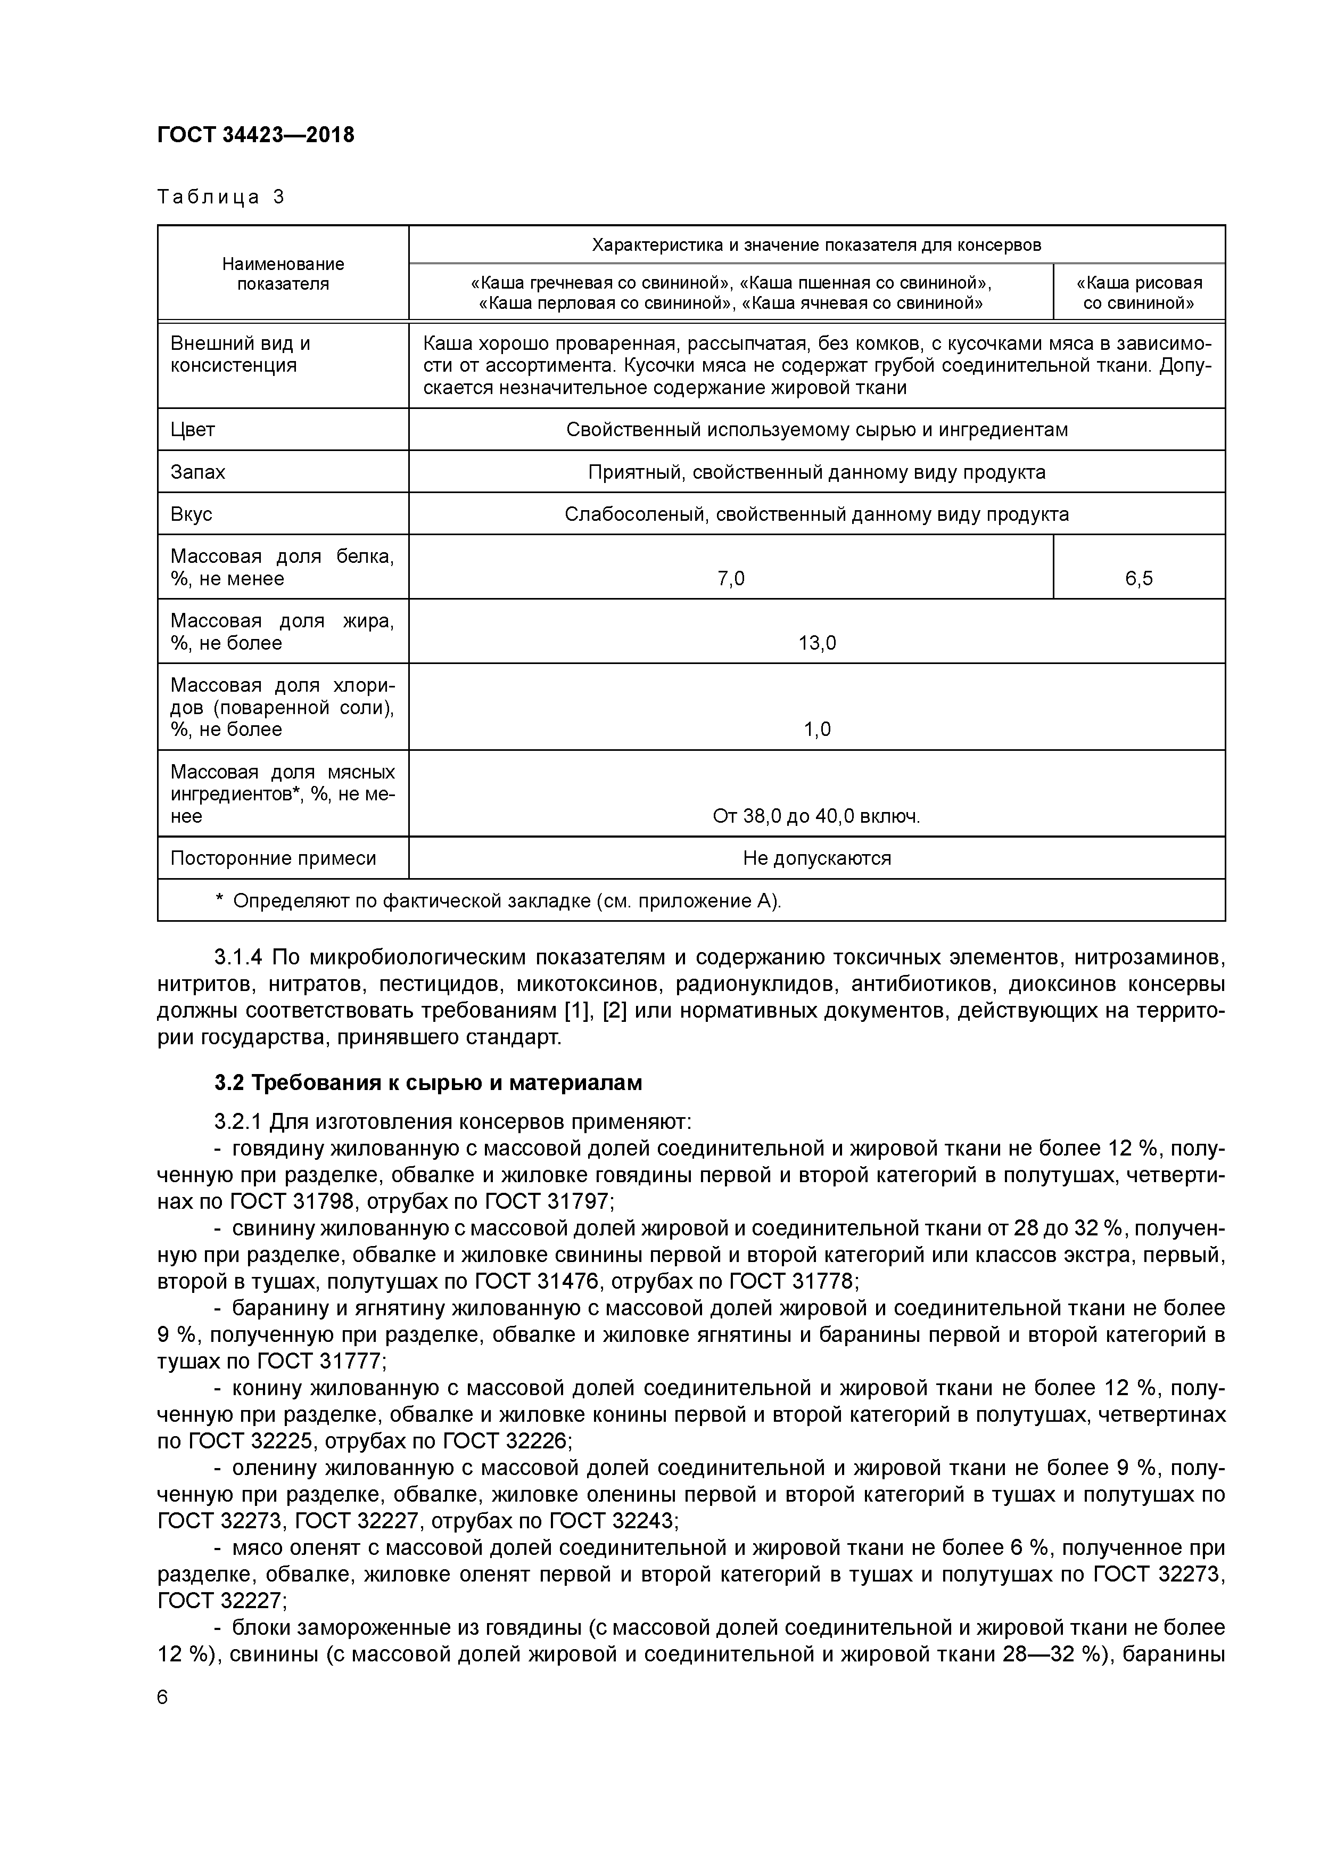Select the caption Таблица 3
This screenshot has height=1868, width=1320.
pos(220,197)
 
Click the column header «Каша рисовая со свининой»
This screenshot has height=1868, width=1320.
pos(1138,293)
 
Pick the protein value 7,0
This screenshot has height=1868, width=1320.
pos(730,578)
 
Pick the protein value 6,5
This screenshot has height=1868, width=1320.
pos(1138,578)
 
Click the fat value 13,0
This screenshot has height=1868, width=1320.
pos(816,643)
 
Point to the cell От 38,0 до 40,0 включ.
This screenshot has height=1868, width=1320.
pos(816,816)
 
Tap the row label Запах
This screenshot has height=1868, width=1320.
pos(197,472)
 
